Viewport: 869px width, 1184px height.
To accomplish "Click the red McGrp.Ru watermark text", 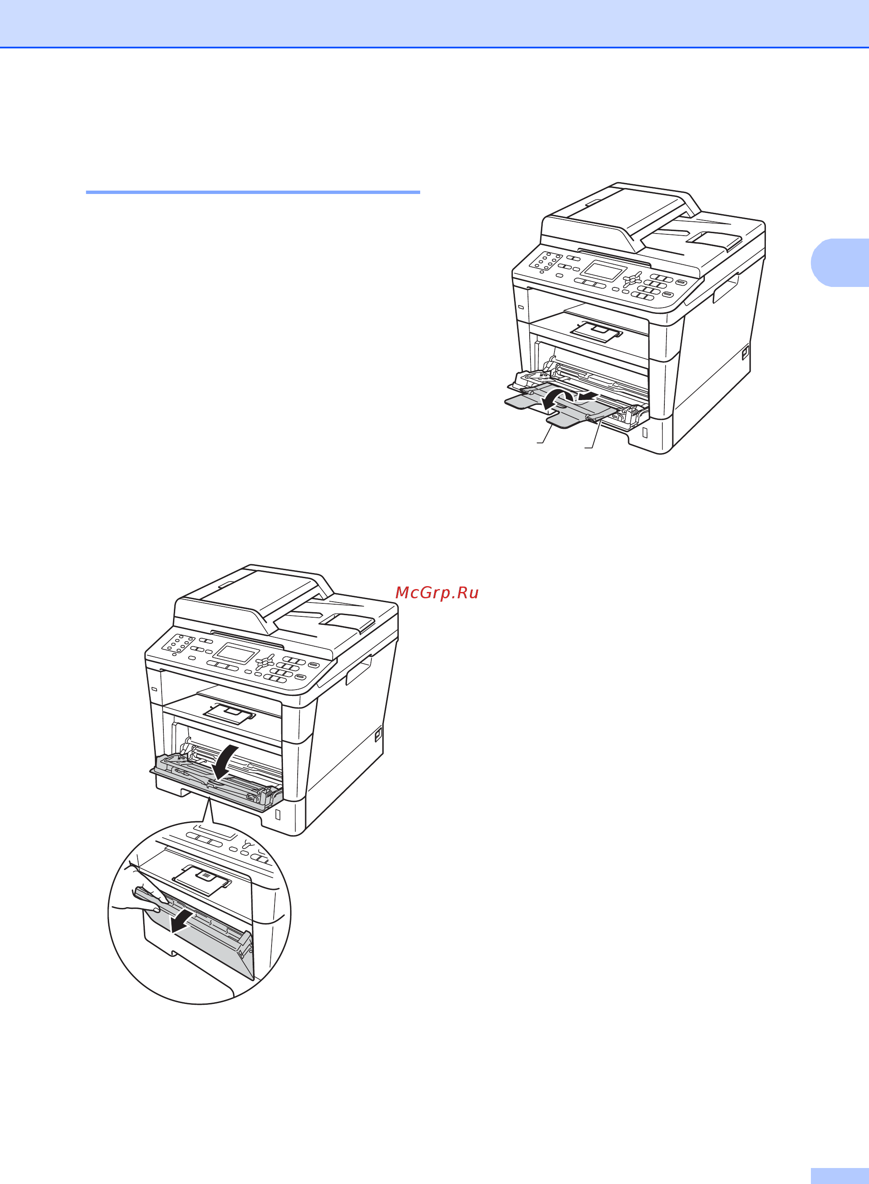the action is coord(437,592).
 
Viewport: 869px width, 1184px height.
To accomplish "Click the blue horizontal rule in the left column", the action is coord(253,192).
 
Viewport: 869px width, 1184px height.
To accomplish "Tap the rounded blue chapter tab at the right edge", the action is coord(840,263).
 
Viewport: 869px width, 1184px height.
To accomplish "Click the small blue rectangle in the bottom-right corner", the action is coord(840,1176).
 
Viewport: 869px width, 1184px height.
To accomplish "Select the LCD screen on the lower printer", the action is coord(235,653).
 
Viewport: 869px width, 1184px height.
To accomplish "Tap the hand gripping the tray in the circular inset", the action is coord(139,892).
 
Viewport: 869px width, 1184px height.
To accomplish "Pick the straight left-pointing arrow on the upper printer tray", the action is coord(586,396).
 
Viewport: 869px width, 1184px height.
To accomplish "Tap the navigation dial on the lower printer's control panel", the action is coord(264,661).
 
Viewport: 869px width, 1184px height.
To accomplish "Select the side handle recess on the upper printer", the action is coord(726,288).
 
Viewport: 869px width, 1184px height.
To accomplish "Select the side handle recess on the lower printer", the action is coord(359,670).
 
